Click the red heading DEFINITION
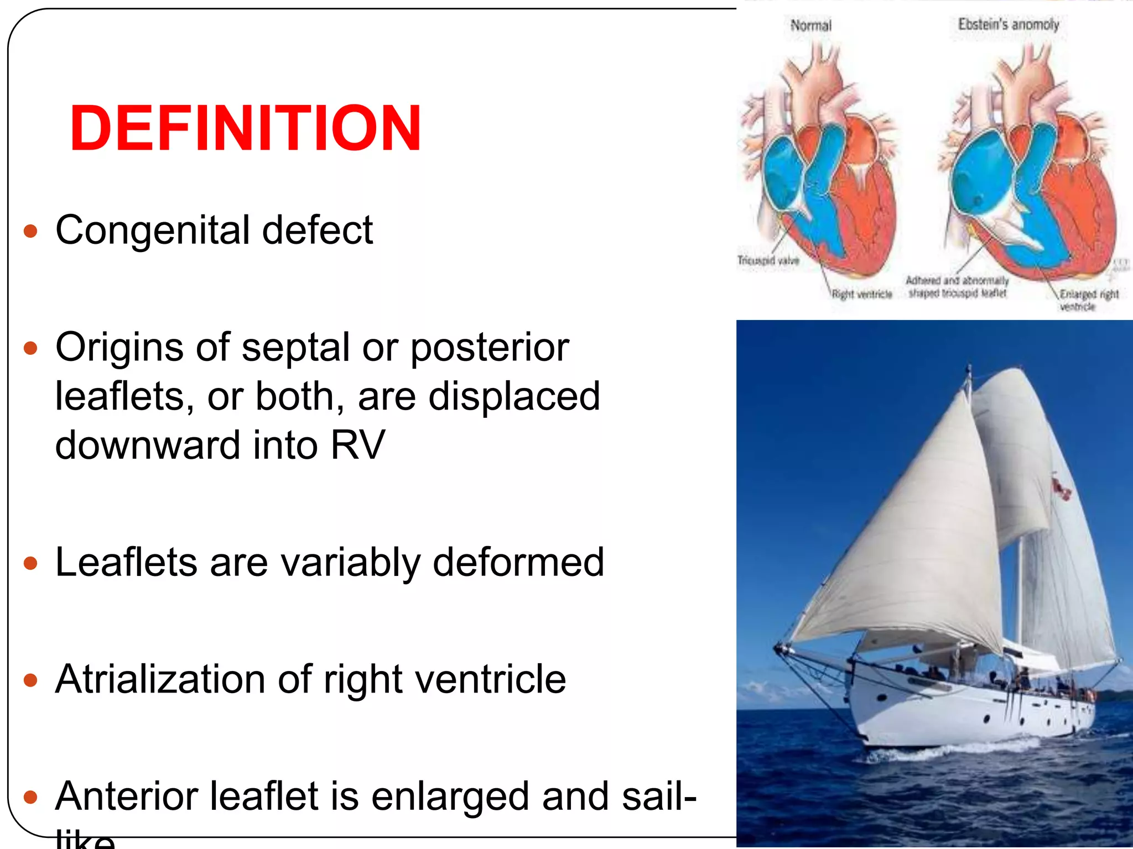(245, 128)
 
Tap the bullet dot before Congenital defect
(31, 230)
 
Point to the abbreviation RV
(357, 445)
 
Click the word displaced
(514, 396)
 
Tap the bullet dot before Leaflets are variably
(31, 563)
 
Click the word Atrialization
(160, 679)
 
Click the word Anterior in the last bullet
(133, 796)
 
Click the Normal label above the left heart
(810, 25)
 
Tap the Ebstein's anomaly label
(1008, 25)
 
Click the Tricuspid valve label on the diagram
(768, 260)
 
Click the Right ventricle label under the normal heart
(862, 295)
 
